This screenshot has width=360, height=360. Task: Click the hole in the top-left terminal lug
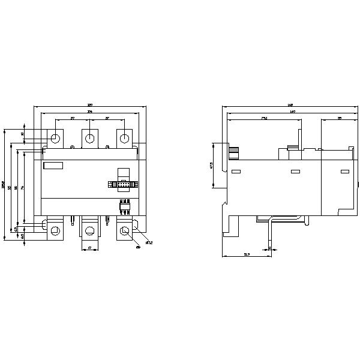click(x=55, y=139)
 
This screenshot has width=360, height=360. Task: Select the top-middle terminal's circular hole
click(x=89, y=139)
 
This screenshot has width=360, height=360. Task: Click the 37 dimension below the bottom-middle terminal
click(x=89, y=247)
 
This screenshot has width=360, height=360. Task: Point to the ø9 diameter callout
click(x=138, y=246)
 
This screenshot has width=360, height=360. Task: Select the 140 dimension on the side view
click(x=291, y=112)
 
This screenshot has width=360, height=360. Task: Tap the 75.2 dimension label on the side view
click(x=264, y=118)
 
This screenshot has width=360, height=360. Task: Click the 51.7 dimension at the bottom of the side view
click(x=247, y=255)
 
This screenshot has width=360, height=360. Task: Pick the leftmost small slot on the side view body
click(x=236, y=172)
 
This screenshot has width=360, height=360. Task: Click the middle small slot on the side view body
click(x=295, y=172)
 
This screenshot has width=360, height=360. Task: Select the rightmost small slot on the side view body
click(x=344, y=172)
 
